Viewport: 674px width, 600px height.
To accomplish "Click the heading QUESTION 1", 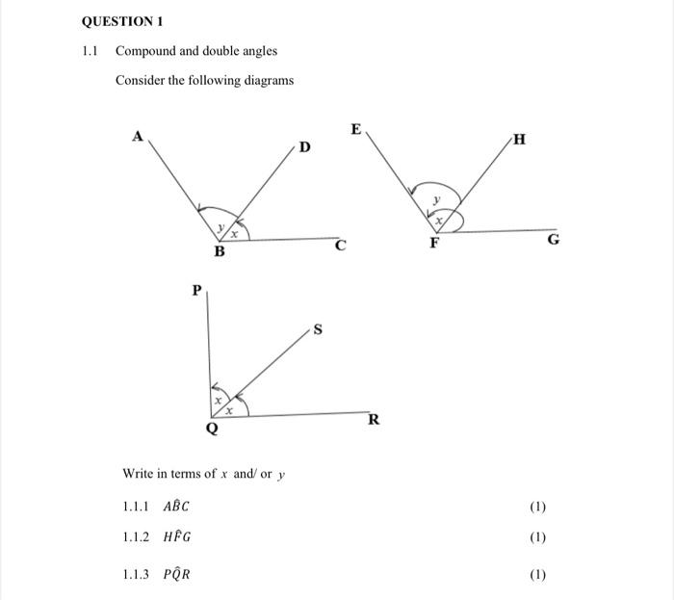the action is pos(122,20).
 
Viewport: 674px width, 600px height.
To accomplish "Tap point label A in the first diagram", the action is pos(137,137).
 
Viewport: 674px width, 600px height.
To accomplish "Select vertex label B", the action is pos(219,252).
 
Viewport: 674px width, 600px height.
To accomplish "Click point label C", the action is pos(340,246).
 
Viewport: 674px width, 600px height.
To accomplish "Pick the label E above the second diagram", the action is pos(356,128).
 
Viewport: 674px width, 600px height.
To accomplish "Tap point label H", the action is pos(520,140).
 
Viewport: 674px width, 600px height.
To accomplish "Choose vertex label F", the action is pos(434,244).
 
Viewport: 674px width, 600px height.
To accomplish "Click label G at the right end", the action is pos(553,240).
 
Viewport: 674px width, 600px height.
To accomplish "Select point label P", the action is pos(197,289).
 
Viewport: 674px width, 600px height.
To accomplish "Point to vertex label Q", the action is pos(212,430).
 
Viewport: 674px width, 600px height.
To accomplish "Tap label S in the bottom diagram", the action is pos(318,332).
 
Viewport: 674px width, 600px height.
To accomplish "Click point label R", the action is pos(374,420).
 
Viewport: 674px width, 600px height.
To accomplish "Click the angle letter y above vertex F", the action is pos(435,199).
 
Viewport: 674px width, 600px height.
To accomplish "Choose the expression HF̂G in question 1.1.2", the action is pos(178,536).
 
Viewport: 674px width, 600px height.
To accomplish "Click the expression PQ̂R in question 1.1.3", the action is pos(177,575).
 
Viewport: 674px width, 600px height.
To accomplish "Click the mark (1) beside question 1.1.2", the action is pos(537,537).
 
